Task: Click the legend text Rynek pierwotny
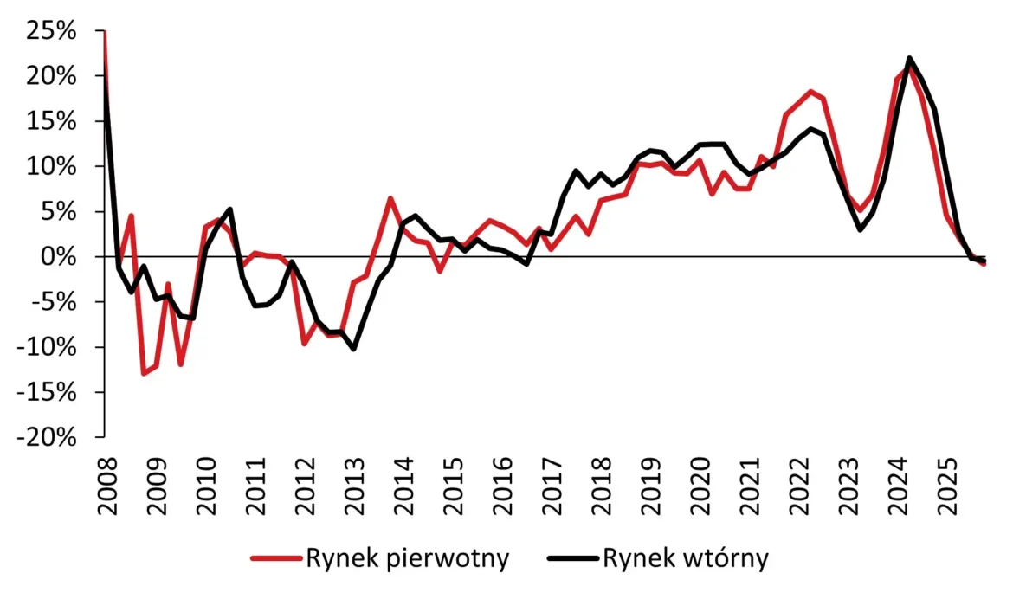407,558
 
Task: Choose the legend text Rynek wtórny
685,558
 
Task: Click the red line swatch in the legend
276,559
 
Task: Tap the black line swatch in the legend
572,559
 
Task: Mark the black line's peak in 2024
909,59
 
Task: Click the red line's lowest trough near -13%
144,373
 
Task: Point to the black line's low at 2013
353,349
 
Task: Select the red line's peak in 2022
810,91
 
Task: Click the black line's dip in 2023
860,229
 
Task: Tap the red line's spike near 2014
390,198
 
